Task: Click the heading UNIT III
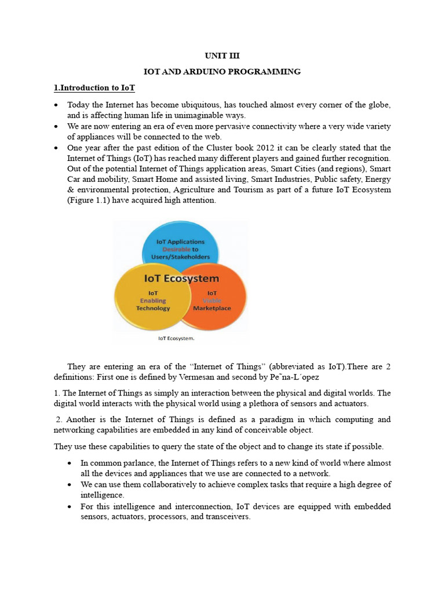point(222,56)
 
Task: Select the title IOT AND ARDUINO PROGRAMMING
point(222,72)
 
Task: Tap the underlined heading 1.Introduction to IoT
point(94,88)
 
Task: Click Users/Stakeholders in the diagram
point(181,258)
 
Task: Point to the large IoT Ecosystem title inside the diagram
point(181,279)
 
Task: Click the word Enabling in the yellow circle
point(152,301)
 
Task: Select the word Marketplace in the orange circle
point(211,308)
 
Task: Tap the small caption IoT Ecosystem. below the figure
point(177,338)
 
